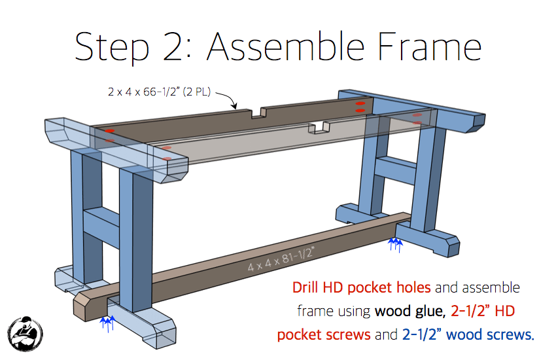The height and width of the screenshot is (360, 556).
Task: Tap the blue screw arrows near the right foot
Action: (395, 244)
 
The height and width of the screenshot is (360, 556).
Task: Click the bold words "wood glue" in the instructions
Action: (406, 311)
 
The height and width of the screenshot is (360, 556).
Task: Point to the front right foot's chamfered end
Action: (451, 245)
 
